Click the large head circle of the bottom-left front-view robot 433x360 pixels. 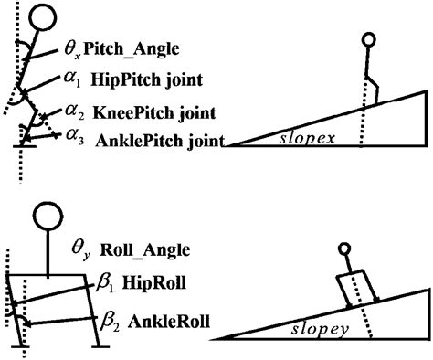point(48,217)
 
